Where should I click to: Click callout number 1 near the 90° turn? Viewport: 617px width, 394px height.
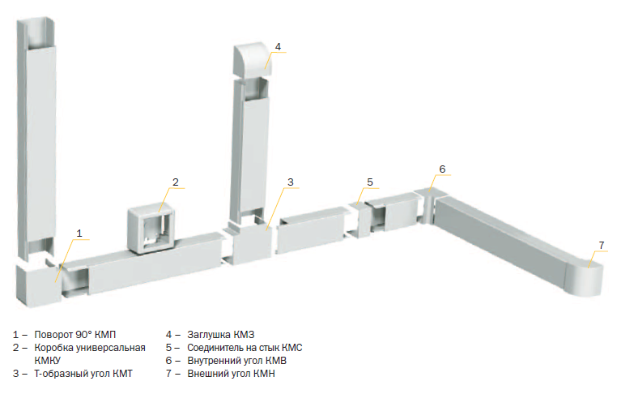click(79, 233)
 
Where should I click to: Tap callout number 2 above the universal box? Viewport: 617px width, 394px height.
click(176, 182)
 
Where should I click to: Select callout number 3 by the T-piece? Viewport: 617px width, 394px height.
click(291, 182)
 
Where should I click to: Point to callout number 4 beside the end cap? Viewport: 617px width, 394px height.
click(278, 47)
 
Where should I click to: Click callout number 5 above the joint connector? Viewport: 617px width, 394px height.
click(370, 182)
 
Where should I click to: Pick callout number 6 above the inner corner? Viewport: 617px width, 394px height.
click(442, 169)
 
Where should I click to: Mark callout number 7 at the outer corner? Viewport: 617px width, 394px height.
click(602, 245)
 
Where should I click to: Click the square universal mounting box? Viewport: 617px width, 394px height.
click(151, 230)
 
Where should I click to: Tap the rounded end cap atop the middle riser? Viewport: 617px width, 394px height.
click(252, 59)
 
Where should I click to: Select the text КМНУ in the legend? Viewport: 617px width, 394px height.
click(48, 361)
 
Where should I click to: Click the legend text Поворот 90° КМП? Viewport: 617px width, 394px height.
click(75, 335)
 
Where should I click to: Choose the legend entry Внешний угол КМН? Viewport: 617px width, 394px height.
click(231, 374)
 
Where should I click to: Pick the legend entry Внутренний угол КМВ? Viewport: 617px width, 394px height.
click(237, 361)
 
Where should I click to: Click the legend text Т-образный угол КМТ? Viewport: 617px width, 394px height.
click(83, 374)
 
